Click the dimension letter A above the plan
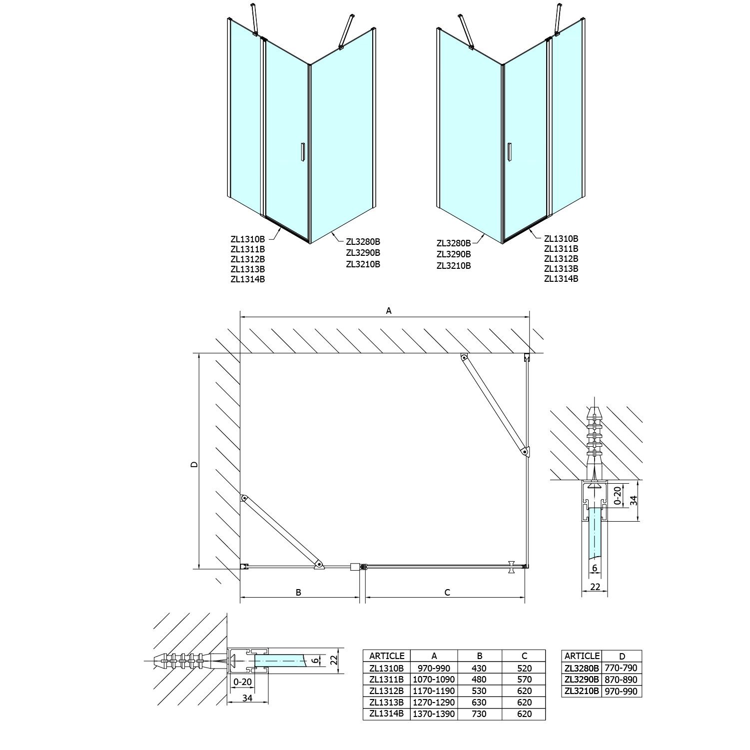pyautogui.click(x=389, y=311)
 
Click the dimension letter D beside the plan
pyautogui.click(x=194, y=464)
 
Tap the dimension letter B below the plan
pyautogui.click(x=298, y=592)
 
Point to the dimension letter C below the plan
pyautogui.click(x=447, y=592)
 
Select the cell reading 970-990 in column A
pyautogui.click(x=434, y=668)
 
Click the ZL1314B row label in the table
pyautogui.click(x=386, y=714)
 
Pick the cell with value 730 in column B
pyautogui.click(x=480, y=714)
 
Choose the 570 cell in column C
pyautogui.click(x=524, y=680)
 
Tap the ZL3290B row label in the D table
pyautogui.click(x=581, y=680)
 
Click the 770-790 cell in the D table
pyautogui.click(x=621, y=668)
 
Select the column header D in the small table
pyautogui.click(x=621, y=656)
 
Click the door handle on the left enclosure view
pyautogui.click(x=302, y=152)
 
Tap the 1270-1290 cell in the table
pyautogui.click(x=434, y=702)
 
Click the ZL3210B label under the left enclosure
pyautogui.click(x=363, y=264)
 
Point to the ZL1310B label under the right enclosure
pyautogui.click(x=561, y=239)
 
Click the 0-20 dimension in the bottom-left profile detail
pyautogui.click(x=243, y=682)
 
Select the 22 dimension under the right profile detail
pyautogui.click(x=595, y=587)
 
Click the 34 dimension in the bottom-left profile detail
pyautogui.click(x=247, y=698)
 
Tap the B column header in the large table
pyautogui.click(x=480, y=656)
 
